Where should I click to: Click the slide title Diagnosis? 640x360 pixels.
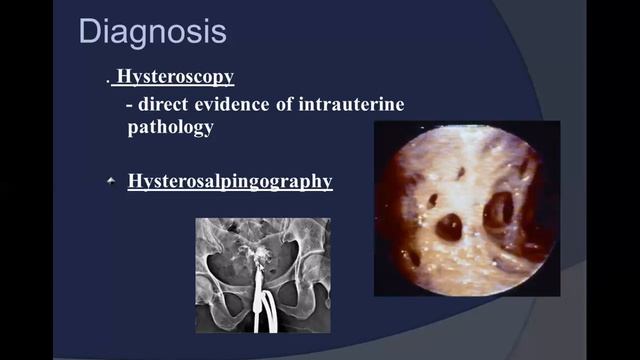tap(152, 31)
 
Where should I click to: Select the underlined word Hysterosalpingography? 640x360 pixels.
tap(230, 182)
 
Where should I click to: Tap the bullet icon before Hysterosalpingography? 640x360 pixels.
tap(112, 181)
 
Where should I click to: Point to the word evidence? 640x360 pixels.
tap(242, 105)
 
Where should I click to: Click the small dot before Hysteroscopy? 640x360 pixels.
tap(107, 81)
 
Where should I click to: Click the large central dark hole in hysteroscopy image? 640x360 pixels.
tap(449, 227)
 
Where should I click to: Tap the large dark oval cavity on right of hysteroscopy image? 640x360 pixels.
tap(498, 210)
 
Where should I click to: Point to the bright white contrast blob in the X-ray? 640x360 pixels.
tap(264, 256)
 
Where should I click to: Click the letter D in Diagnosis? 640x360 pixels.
tap(90, 31)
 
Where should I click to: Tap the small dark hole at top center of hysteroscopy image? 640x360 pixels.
tap(461, 172)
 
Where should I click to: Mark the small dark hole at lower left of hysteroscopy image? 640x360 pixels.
tap(412, 257)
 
